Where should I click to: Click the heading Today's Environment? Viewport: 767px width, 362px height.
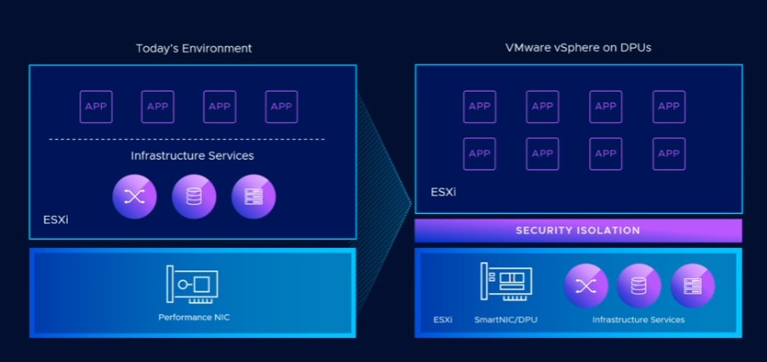(193, 48)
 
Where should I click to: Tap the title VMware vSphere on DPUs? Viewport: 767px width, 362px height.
(578, 48)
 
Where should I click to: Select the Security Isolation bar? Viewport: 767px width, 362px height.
(578, 231)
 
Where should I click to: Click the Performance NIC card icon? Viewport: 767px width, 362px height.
(192, 284)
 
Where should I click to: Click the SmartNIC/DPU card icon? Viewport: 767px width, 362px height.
(505, 283)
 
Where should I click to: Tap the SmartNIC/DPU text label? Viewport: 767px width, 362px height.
(505, 319)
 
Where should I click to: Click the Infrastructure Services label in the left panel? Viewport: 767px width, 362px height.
(192, 156)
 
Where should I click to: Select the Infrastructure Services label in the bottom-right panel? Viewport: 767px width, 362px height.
(638, 319)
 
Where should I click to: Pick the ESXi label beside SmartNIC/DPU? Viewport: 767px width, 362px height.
(443, 319)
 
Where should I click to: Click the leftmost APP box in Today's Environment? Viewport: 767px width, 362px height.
(96, 107)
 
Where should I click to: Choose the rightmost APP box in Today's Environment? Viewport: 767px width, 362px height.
(281, 107)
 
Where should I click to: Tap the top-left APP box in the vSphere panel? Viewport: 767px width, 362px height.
(479, 107)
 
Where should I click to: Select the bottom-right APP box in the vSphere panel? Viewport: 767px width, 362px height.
(668, 153)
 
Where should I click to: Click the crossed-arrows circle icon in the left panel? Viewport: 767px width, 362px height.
(134, 197)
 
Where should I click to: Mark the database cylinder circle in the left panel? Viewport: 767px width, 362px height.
(194, 197)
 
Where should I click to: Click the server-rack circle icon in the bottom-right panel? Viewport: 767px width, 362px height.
(692, 285)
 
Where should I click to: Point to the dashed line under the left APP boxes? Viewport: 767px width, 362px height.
(187, 139)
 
